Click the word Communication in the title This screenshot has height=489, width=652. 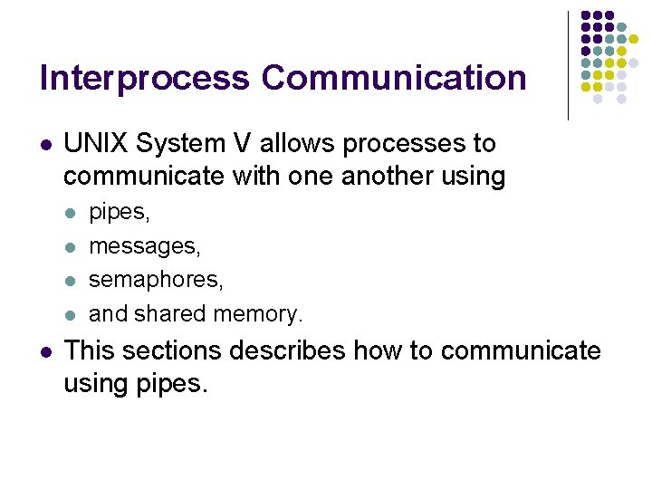(394, 78)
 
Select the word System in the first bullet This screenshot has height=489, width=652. (184, 144)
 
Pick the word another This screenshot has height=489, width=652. (390, 176)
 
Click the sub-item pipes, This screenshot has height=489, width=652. (119, 213)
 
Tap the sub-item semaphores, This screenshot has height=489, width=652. (156, 280)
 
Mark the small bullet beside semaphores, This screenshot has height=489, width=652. (71, 281)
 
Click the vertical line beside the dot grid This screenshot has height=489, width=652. (568, 65)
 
